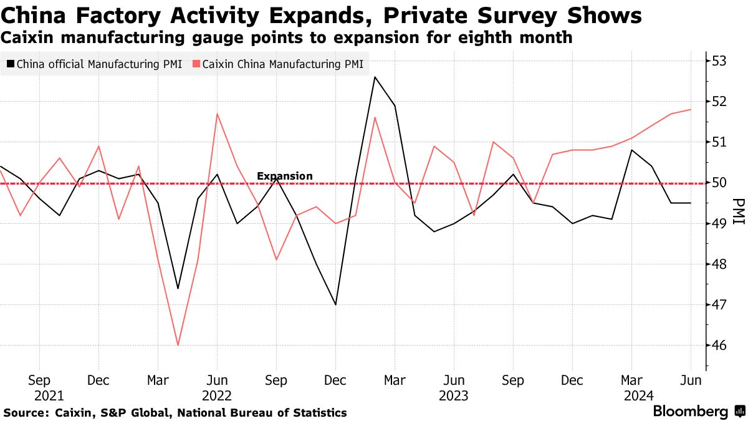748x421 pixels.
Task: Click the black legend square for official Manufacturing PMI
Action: (x=10, y=64)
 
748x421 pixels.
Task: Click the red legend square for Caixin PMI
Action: (x=196, y=64)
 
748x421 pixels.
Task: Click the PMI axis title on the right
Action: (x=739, y=212)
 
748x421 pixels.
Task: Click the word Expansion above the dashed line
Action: (x=285, y=176)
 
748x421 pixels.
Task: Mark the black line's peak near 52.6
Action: (x=375, y=77)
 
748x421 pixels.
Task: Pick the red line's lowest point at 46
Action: (x=178, y=345)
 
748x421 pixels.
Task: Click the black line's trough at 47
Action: (x=335, y=304)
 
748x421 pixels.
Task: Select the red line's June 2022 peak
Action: (x=216, y=114)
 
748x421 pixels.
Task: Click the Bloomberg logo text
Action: (x=690, y=412)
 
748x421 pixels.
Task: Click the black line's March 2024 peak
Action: (x=631, y=150)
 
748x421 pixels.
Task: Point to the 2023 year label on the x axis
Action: (x=453, y=395)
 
